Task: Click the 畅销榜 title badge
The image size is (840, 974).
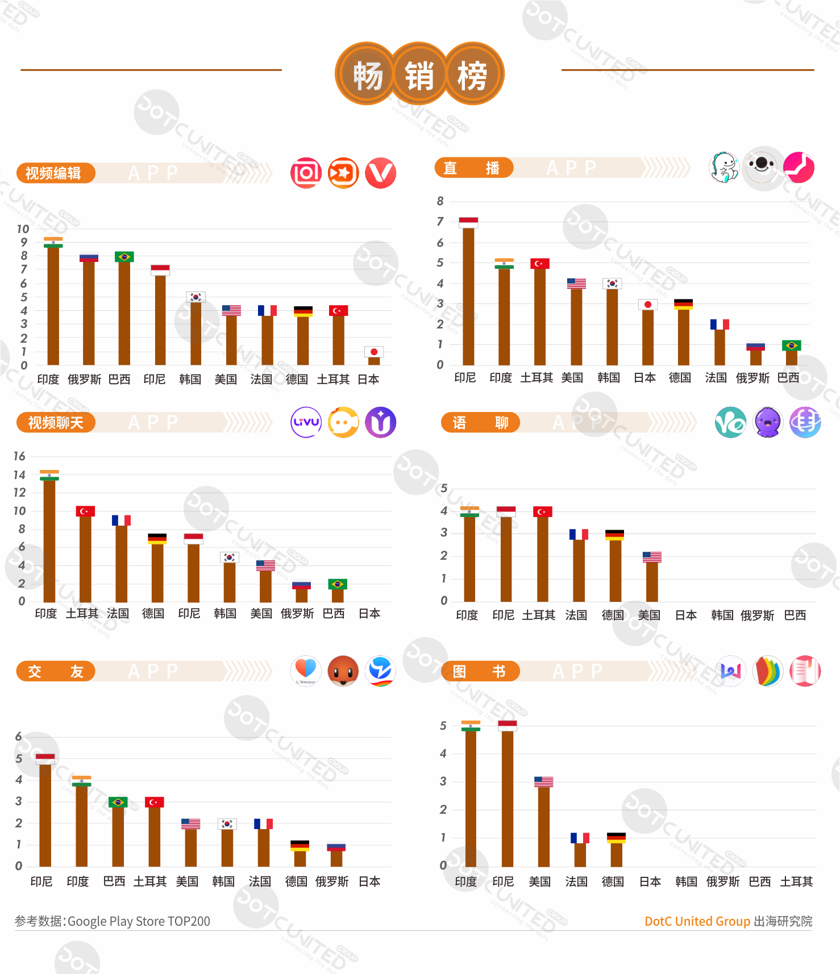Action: [419, 74]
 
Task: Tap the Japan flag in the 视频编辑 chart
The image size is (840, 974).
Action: [374, 352]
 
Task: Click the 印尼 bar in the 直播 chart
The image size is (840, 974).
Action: [468, 295]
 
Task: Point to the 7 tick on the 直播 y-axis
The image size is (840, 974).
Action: [440, 222]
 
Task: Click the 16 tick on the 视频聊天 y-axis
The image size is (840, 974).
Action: [19, 456]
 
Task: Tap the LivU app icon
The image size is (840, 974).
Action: [306, 422]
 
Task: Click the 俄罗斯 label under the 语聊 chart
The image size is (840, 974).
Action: [757, 615]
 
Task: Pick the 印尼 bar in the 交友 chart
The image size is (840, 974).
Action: [45, 815]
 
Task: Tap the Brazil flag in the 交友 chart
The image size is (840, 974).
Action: [118, 802]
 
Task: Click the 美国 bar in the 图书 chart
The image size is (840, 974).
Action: [543, 826]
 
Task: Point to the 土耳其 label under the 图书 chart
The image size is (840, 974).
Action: [796, 882]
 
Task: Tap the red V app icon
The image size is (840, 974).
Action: [380, 173]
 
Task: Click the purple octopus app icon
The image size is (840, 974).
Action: [768, 422]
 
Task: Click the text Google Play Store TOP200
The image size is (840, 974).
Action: [139, 921]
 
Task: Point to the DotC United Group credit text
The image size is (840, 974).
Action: [697, 921]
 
